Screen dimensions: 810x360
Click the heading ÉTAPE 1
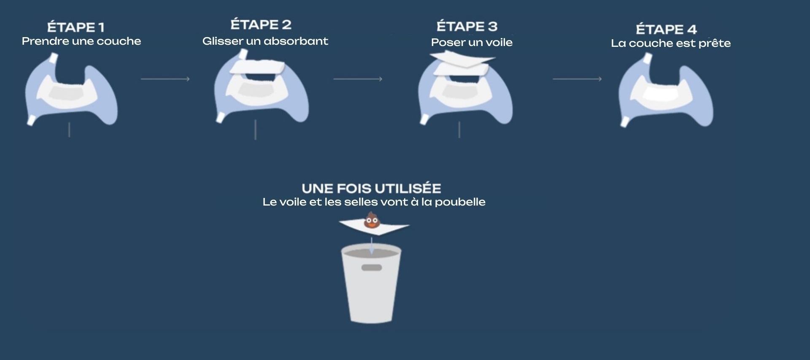pos(76,27)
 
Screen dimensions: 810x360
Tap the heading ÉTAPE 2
pos(261,24)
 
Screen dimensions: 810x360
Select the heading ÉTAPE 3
pos(467,26)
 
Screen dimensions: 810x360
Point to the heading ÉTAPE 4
pos(666,29)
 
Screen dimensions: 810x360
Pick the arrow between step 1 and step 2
pos(165,79)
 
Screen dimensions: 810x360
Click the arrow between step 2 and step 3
pos(358,79)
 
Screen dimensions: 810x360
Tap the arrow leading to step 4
pos(577,79)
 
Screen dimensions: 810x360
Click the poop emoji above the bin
pos(371,220)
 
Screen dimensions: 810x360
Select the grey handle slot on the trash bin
pos(372,268)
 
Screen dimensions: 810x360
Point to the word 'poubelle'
pos(460,202)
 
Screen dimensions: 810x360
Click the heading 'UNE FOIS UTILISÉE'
pos(371,188)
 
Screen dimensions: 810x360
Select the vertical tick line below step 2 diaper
pos(256,130)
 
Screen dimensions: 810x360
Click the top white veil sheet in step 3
pos(462,58)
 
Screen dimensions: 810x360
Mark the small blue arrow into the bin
pos(371,246)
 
